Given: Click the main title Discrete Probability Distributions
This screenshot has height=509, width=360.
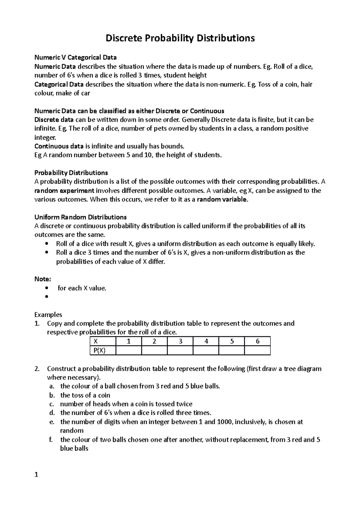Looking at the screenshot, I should [180, 38].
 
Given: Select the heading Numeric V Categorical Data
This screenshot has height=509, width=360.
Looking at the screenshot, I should [75, 57].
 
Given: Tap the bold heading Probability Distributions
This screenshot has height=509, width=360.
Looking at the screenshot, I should [71, 173].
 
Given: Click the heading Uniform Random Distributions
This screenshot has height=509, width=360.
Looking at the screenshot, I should [80, 217].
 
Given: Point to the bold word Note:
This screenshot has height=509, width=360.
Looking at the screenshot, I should [43, 279].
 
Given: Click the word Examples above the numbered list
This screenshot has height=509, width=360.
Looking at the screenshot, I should [48, 315].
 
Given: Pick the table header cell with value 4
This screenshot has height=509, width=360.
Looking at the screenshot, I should [206, 341].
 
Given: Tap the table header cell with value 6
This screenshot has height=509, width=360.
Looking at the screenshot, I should [257, 341].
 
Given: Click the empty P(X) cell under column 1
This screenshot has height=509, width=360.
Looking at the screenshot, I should [128, 350].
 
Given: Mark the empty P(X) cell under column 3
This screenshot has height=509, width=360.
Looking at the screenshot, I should [180, 350].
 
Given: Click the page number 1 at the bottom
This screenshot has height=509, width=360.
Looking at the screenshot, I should [36, 475].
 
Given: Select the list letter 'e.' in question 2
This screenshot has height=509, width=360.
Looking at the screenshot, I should [52, 422].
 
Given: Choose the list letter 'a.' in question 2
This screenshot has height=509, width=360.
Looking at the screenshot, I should [52, 386].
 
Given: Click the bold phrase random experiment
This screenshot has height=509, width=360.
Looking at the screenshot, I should [64, 191].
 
